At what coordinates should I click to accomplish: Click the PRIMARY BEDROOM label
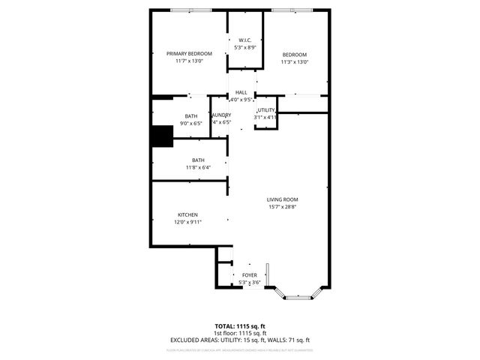pyautogui.click(x=189, y=53)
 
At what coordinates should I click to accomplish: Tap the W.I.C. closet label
pyautogui.click(x=244, y=40)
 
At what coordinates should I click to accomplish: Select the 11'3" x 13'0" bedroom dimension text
pyautogui.click(x=294, y=62)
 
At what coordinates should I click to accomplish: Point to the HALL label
pyautogui.click(x=241, y=92)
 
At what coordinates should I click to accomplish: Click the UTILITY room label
pyautogui.click(x=266, y=110)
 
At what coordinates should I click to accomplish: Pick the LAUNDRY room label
pyautogui.click(x=221, y=115)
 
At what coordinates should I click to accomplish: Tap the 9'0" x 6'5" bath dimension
pyautogui.click(x=191, y=122)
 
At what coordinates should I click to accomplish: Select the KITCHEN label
pyautogui.click(x=187, y=215)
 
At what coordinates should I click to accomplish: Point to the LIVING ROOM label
pyautogui.click(x=282, y=199)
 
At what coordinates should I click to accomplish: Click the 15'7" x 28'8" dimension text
pyautogui.click(x=282, y=207)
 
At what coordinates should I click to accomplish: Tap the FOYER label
pyautogui.click(x=249, y=275)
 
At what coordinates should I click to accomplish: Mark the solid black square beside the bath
pyautogui.click(x=162, y=136)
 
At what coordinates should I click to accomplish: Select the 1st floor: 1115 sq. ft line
pyautogui.click(x=240, y=333)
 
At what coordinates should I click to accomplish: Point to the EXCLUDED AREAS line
pyautogui.click(x=240, y=340)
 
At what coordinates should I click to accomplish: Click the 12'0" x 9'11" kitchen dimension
pyautogui.click(x=187, y=223)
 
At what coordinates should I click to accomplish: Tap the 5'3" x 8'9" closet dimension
pyautogui.click(x=245, y=47)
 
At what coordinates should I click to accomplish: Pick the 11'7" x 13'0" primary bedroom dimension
pyautogui.click(x=189, y=61)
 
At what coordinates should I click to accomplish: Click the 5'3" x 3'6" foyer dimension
pyautogui.click(x=249, y=283)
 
